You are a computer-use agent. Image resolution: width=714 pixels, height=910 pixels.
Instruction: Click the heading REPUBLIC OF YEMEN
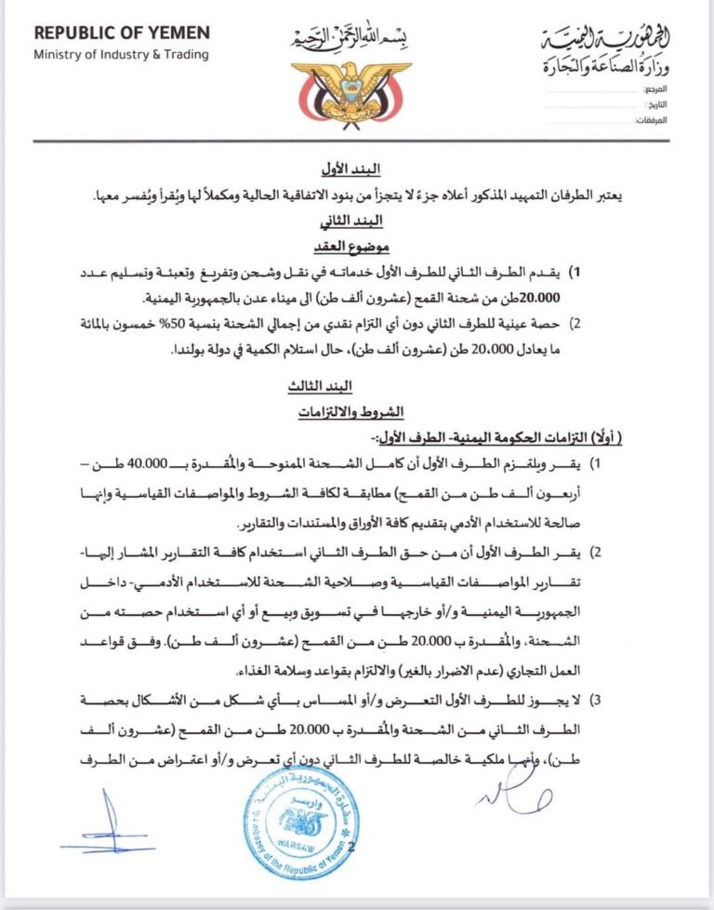(x=122, y=33)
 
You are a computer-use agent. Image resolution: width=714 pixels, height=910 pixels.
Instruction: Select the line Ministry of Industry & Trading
(x=121, y=54)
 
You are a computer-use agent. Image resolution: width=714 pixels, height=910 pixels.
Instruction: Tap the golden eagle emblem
(x=350, y=90)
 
